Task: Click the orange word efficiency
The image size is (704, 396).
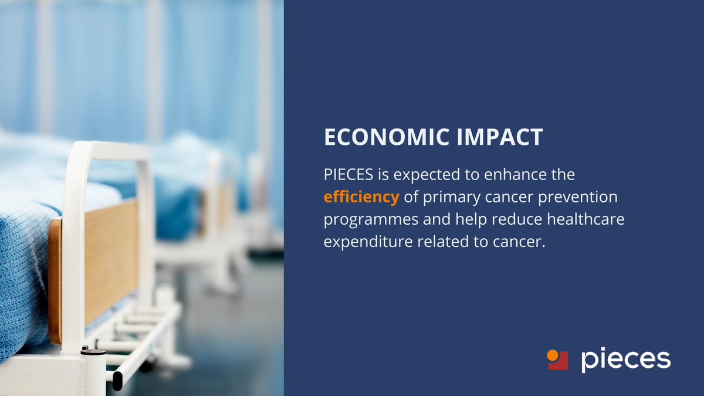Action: point(361,198)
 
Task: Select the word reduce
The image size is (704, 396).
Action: point(495,220)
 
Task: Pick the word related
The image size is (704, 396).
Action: point(433,242)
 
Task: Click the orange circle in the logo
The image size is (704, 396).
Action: point(552,354)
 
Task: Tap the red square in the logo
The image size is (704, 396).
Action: point(560,362)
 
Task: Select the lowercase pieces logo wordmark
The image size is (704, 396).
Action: point(625,359)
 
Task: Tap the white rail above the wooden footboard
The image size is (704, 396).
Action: point(106,149)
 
